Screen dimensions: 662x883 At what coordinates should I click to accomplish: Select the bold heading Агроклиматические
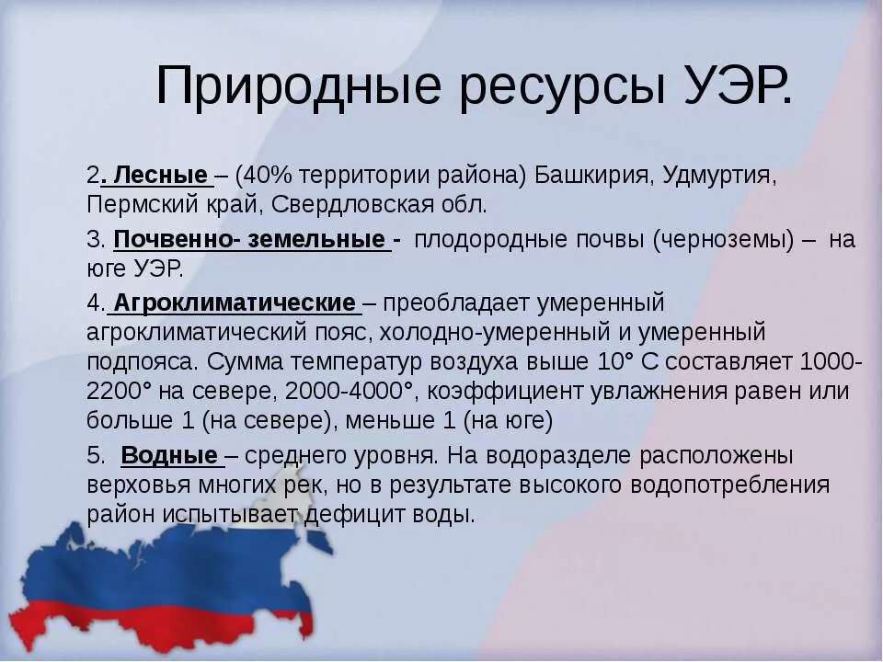[235, 303]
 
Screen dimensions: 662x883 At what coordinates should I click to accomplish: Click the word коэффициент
[487, 391]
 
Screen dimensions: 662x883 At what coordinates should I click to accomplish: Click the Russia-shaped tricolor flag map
[166, 588]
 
